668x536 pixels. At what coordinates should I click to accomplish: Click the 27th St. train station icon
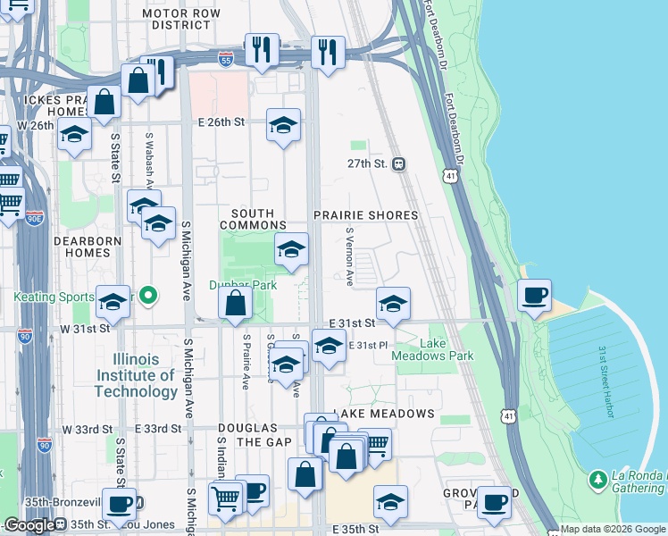399,164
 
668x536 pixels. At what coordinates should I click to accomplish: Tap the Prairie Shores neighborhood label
366,215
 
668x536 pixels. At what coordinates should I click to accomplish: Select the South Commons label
258,219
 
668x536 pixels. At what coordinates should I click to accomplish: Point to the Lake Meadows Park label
434,349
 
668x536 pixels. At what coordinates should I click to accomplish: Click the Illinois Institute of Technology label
136,375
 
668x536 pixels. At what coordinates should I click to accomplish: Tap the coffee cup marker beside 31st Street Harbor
534,296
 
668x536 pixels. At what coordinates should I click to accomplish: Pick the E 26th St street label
221,121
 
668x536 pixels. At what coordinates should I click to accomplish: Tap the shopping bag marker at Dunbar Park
235,304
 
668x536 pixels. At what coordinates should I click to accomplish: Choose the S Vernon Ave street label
349,255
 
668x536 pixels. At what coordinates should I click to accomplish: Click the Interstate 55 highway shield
227,59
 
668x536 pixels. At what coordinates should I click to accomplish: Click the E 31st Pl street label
370,345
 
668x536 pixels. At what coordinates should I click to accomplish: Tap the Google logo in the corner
29,526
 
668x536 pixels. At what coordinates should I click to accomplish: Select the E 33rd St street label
162,429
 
